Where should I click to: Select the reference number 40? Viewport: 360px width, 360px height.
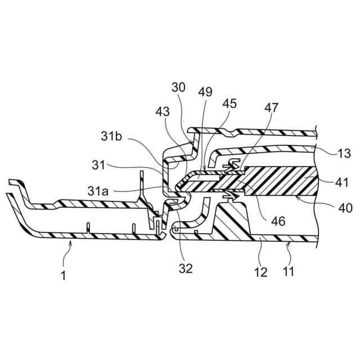(345, 207)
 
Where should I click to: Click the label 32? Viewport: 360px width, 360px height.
(185, 268)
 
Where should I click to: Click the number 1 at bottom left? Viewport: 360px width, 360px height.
(63, 275)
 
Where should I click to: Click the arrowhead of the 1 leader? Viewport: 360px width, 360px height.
(69, 241)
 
